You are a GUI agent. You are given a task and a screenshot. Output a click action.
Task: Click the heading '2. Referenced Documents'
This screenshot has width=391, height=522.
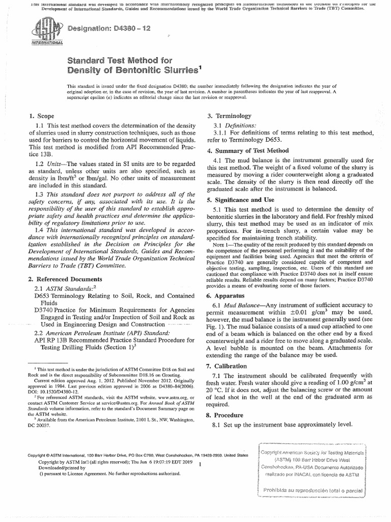click(x=65, y=279)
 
